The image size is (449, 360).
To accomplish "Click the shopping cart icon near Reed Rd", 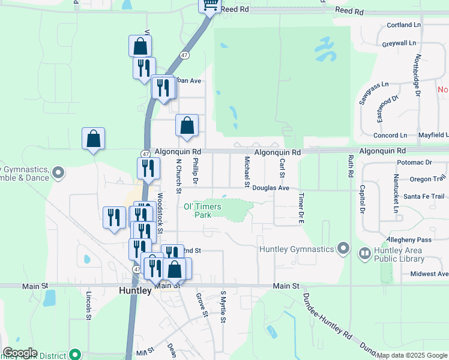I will pyautogui.click(x=210, y=5).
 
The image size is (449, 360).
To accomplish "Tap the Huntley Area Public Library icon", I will pyautogui.click(x=364, y=254).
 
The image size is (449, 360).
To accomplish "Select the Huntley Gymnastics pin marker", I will pyautogui.click(x=343, y=248).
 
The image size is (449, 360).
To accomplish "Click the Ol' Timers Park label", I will pyautogui.click(x=202, y=211).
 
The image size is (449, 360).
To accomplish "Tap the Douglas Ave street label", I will pyautogui.click(x=271, y=188).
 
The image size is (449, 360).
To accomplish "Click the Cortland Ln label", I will pyautogui.click(x=404, y=25).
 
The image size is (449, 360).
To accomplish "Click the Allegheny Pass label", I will pyautogui.click(x=410, y=239).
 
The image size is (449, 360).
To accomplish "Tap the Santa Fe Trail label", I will pyautogui.click(x=424, y=196).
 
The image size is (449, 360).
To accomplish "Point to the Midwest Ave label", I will pyautogui.click(x=429, y=274).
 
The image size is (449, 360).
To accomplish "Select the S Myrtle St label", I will pyautogui.click(x=223, y=307).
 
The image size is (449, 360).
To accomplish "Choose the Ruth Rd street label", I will pyautogui.click(x=349, y=166).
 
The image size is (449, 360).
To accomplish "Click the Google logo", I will pyautogui.click(x=20, y=353).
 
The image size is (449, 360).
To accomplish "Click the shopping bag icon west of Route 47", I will pyautogui.click(x=94, y=139).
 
